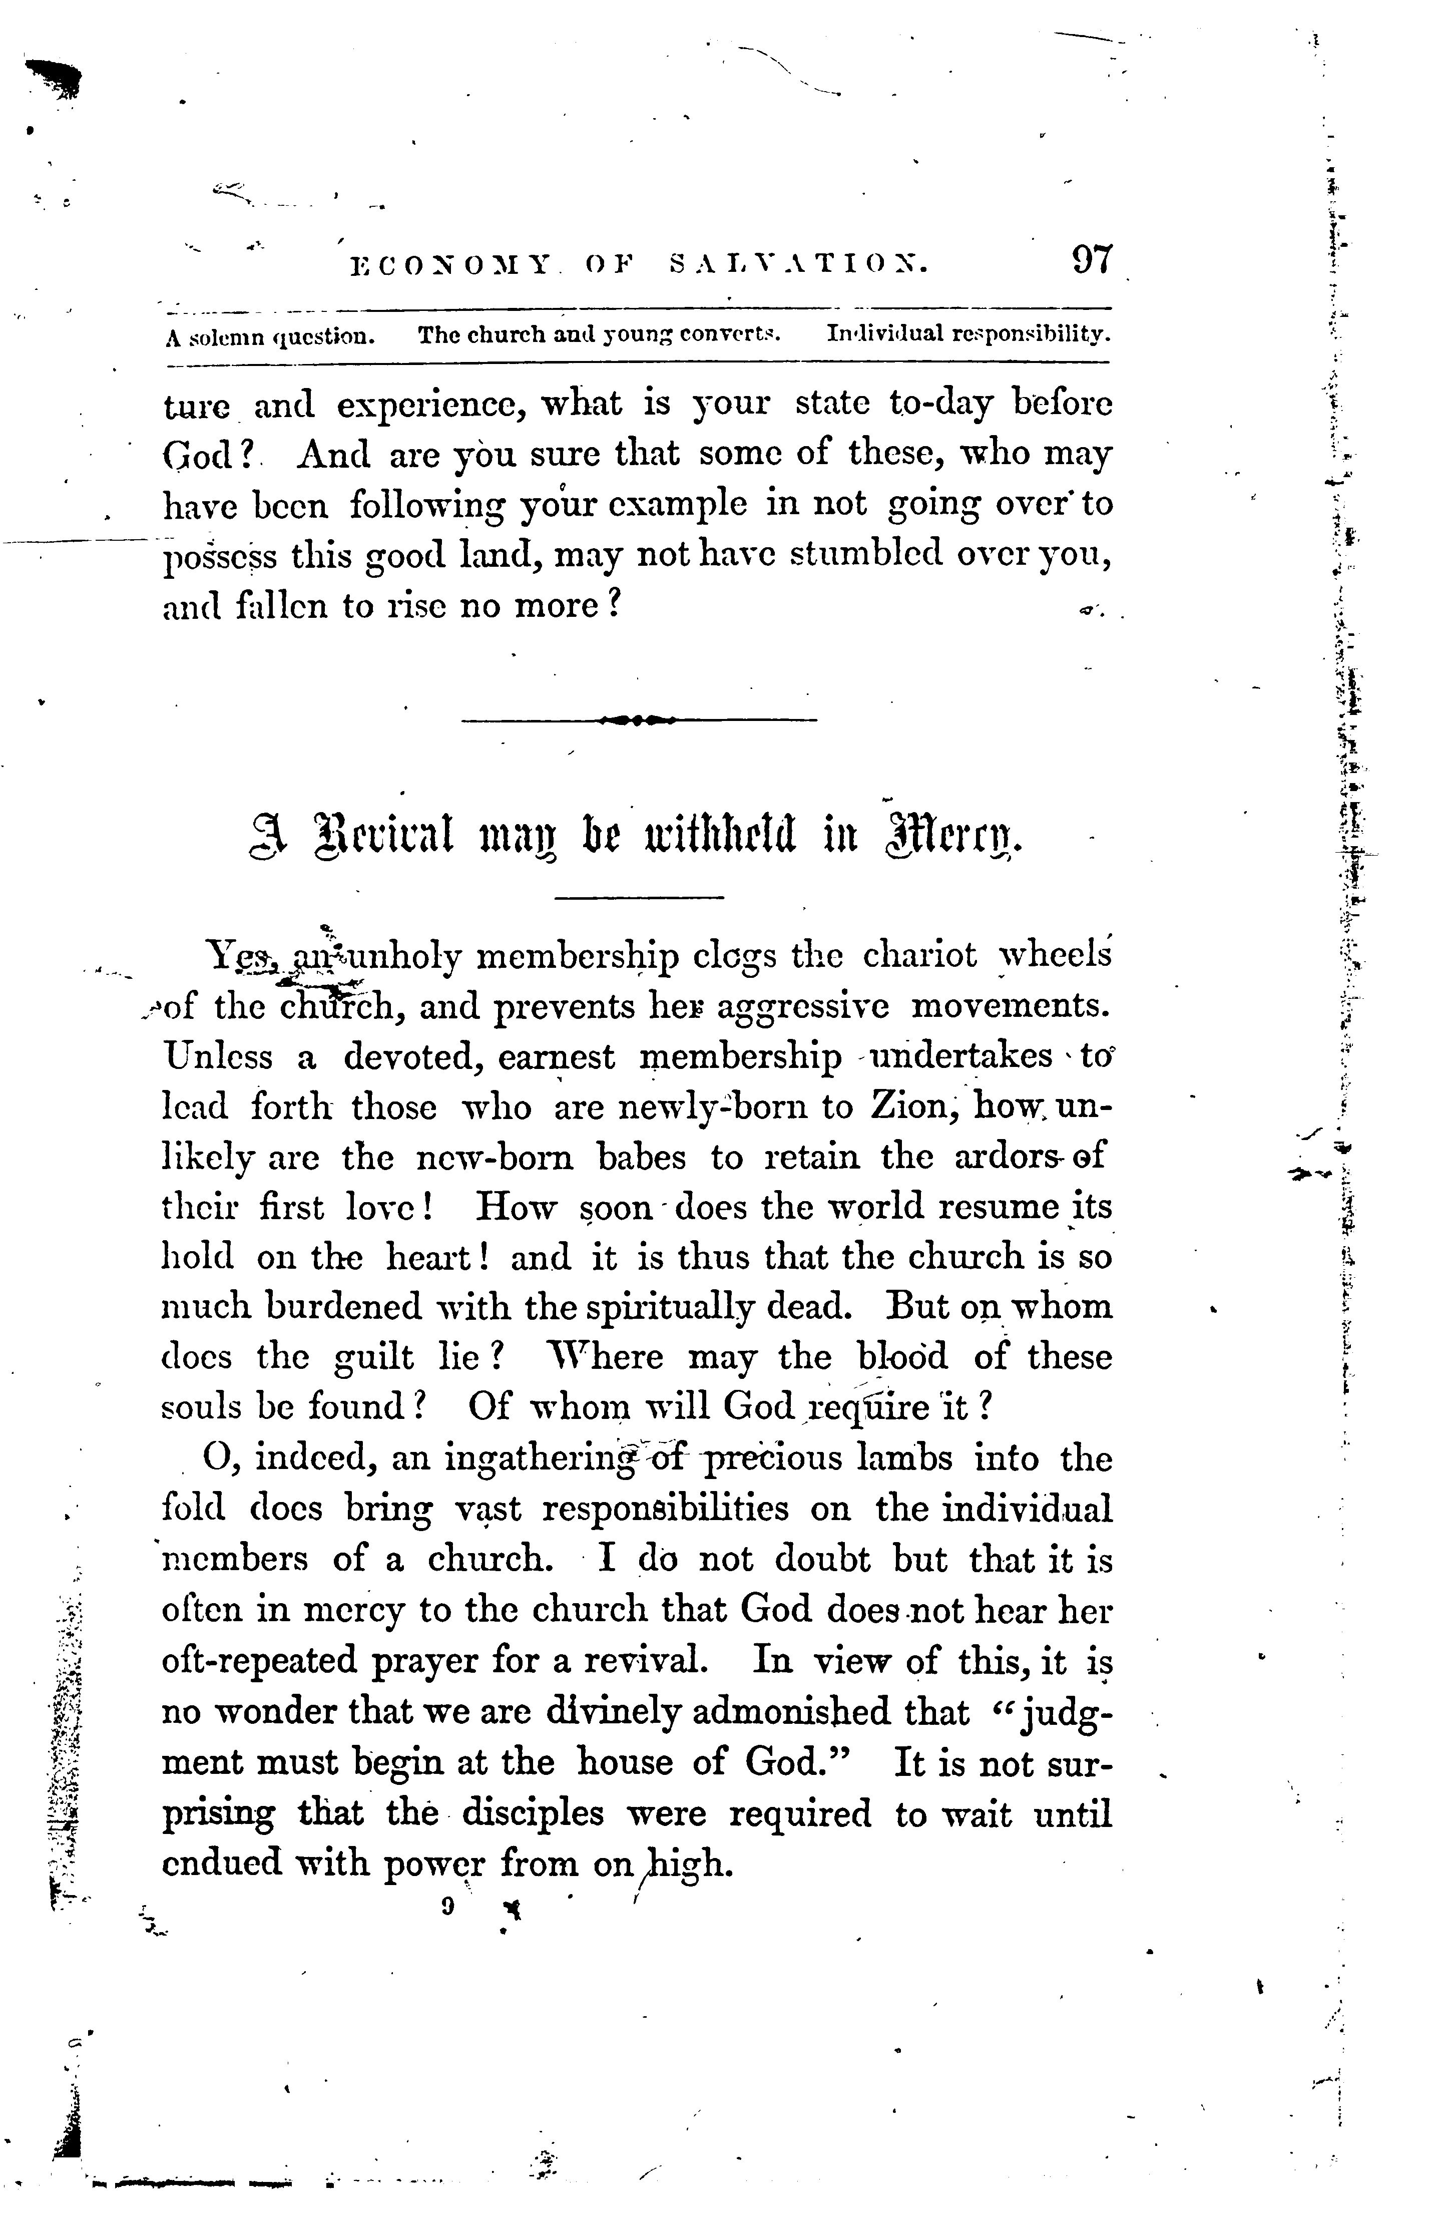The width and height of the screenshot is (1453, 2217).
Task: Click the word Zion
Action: point(908,1106)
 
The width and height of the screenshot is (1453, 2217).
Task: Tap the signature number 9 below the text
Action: point(448,1906)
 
